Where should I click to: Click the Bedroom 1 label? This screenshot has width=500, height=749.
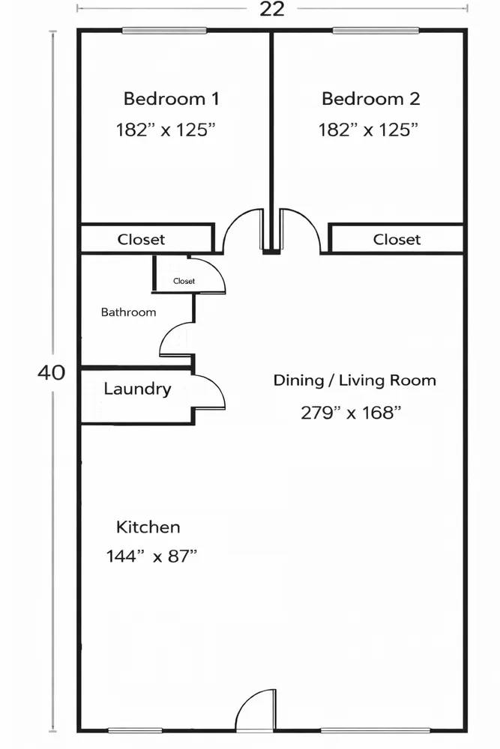tap(171, 99)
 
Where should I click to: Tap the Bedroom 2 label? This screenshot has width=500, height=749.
tap(370, 99)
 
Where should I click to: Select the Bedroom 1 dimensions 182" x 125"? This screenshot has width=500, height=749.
tap(166, 130)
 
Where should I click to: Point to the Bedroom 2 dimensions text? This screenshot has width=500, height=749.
tap(368, 130)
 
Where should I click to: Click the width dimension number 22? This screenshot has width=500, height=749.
tap(272, 9)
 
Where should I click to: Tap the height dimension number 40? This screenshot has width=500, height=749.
tap(51, 372)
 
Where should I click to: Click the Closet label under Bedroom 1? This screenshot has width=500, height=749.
tap(141, 240)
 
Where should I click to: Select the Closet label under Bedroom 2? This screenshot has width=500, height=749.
tap(397, 240)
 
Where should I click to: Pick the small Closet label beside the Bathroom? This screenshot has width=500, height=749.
tap(184, 282)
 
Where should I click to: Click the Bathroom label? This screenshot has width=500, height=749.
tap(129, 312)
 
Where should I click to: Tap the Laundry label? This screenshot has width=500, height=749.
tap(137, 389)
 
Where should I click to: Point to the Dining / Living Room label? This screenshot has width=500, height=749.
tap(355, 380)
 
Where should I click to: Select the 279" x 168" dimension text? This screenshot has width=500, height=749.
tap(351, 412)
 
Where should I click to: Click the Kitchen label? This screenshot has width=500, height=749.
tap(148, 527)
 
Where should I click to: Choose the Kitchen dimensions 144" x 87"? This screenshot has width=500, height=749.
tap(151, 557)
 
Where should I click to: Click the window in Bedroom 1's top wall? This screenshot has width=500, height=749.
tap(164, 31)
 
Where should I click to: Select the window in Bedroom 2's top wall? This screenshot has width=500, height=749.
tap(376, 31)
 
